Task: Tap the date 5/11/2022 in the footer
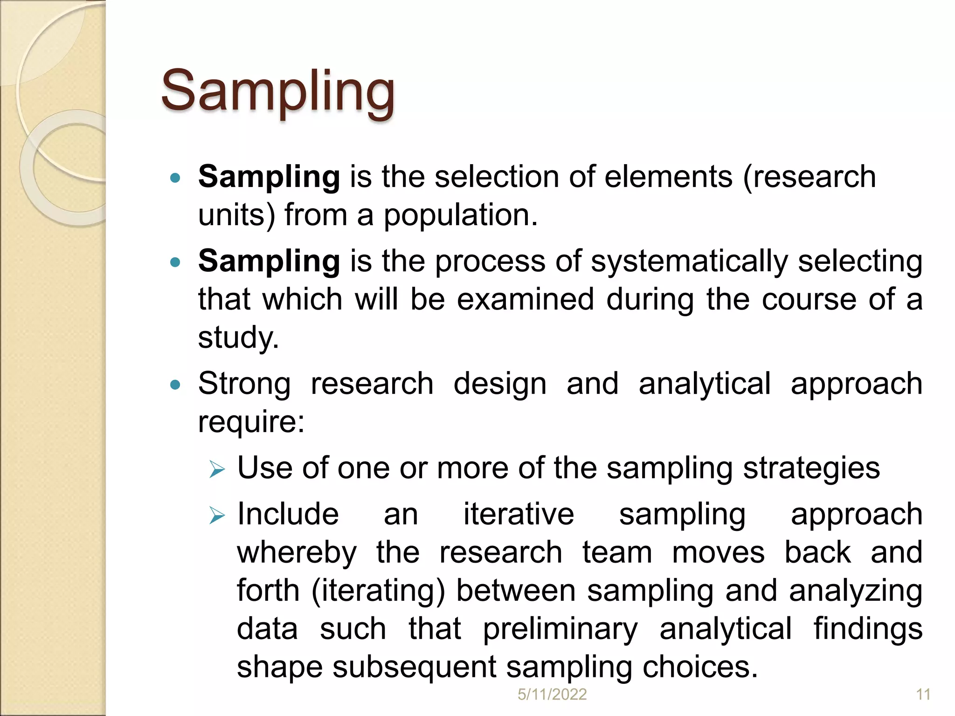pyautogui.click(x=552, y=695)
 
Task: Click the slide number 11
pyautogui.click(x=923, y=695)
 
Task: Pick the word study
pyautogui.click(x=238, y=337)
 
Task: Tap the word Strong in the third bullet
pyautogui.click(x=244, y=384)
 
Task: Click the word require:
pyautogui.click(x=251, y=422)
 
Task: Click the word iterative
pyautogui.click(x=519, y=515)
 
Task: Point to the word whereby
pyautogui.click(x=297, y=553)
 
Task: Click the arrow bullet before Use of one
pyautogui.click(x=217, y=469)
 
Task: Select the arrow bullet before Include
pyautogui.click(x=217, y=516)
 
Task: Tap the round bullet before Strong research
pyautogui.click(x=175, y=385)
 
